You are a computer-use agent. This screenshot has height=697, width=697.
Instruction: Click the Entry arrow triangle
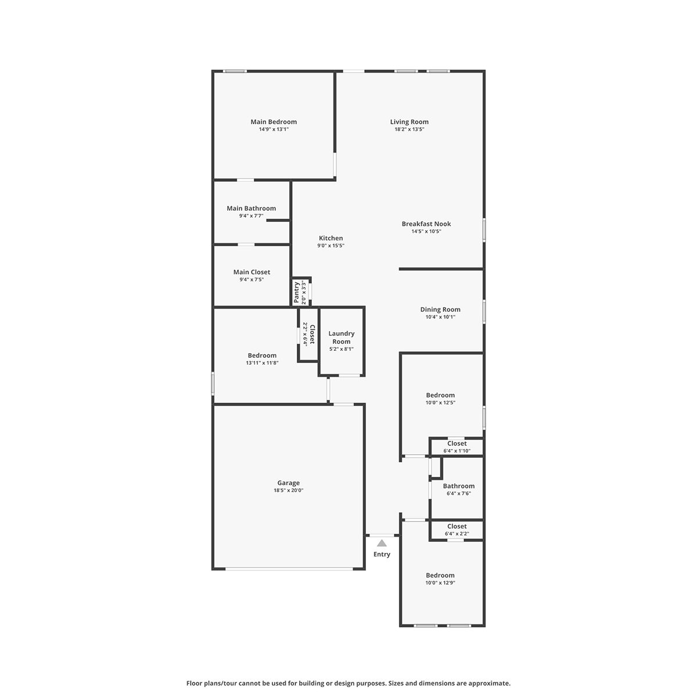click(x=382, y=543)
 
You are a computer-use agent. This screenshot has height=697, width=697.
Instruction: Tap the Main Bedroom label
click(x=274, y=122)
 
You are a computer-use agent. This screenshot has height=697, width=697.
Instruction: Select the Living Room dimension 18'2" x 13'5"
click(x=409, y=129)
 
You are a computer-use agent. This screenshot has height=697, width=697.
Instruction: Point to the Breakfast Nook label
click(x=426, y=224)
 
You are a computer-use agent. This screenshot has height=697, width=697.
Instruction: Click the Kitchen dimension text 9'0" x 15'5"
click(x=330, y=246)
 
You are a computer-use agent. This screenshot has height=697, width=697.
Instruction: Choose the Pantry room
click(x=301, y=292)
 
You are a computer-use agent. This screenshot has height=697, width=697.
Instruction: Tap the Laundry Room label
click(x=341, y=337)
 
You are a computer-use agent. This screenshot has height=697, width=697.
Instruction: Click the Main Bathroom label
click(x=251, y=209)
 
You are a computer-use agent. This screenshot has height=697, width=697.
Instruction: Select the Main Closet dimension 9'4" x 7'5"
click(x=252, y=279)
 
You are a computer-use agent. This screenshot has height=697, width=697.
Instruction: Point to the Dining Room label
click(x=440, y=310)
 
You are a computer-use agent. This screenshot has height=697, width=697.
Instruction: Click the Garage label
click(x=288, y=483)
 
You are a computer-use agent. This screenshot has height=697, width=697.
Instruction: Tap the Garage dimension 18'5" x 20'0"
click(x=288, y=490)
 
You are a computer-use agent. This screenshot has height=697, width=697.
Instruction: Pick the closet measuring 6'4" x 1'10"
click(x=457, y=447)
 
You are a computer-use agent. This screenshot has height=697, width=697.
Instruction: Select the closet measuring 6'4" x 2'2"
click(x=457, y=530)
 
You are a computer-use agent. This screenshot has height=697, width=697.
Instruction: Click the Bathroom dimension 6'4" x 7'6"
click(x=459, y=493)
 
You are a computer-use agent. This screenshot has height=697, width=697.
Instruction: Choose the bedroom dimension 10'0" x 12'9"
click(x=440, y=583)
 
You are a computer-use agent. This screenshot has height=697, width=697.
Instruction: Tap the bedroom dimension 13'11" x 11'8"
click(x=262, y=363)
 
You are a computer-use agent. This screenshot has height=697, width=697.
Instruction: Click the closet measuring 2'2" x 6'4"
click(x=308, y=335)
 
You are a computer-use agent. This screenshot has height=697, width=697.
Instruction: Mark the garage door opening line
click(x=289, y=569)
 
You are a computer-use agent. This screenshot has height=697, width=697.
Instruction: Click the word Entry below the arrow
click(x=382, y=554)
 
